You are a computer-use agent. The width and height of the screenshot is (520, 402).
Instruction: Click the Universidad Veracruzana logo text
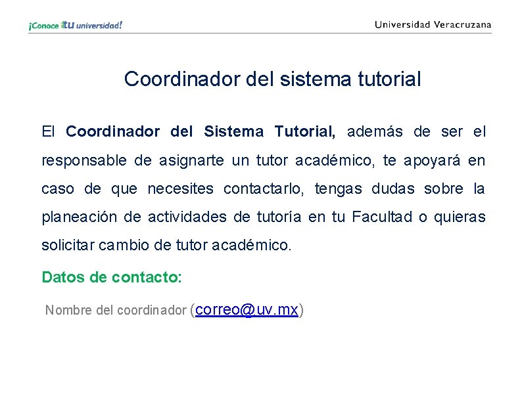[433, 25]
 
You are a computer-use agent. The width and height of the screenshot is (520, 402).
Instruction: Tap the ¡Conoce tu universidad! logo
[75, 26]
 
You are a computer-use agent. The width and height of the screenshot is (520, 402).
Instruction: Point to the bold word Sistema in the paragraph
[233, 131]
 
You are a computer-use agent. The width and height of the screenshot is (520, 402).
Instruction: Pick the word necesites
[180, 189]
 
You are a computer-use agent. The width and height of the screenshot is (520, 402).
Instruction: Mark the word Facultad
[382, 217]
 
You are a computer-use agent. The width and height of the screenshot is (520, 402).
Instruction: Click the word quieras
[462, 217]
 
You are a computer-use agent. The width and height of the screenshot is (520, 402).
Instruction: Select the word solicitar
[68, 246]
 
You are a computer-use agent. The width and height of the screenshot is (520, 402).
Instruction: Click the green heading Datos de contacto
[111, 277]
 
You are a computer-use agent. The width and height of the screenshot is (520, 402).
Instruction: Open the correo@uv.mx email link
[247, 309]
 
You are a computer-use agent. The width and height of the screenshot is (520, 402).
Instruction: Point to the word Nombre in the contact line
[68, 310]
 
